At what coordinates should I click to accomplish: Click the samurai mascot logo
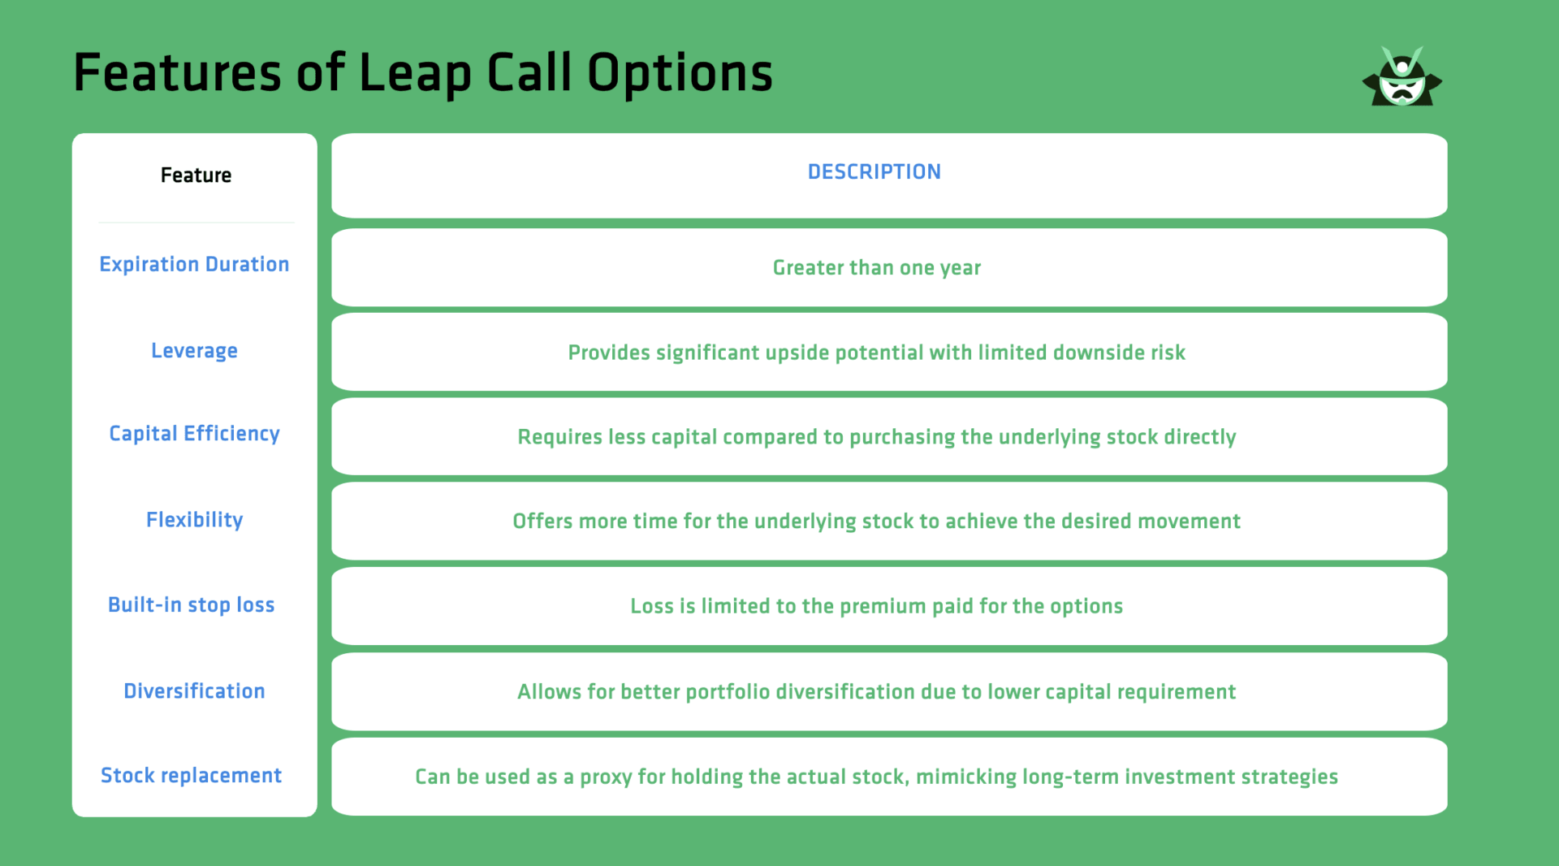coord(1402,77)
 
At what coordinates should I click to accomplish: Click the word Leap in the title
coord(415,73)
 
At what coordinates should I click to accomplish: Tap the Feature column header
coord(196,175)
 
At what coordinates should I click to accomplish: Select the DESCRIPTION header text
coord(874,172)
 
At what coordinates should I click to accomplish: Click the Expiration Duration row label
coord(194,265)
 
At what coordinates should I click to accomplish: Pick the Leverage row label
coord(194,351)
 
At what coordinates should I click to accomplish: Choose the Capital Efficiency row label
coord(194,434)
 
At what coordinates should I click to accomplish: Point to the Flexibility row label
coord(194,520)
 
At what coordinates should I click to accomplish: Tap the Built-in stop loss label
coord(192,605)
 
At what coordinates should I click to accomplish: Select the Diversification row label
coord(194,691)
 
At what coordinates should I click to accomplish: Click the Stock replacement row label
coord(192,776)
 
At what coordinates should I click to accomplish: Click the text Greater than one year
coord(877,268)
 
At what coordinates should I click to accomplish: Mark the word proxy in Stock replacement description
coord(606,777)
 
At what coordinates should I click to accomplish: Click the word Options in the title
coord(680,73)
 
